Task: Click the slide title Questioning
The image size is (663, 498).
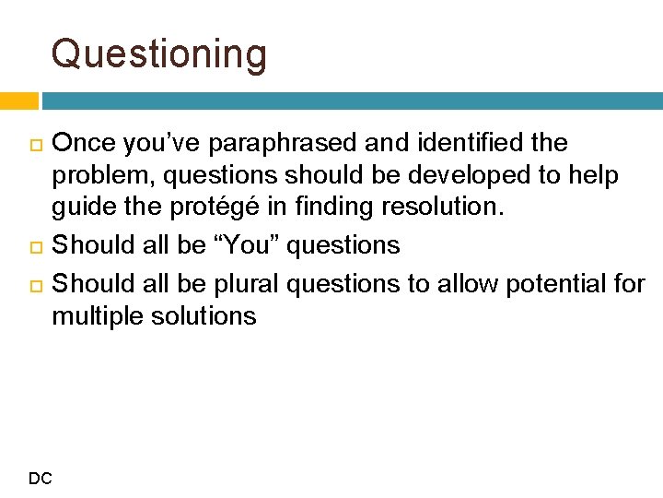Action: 159,54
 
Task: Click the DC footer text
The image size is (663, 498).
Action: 41,478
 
